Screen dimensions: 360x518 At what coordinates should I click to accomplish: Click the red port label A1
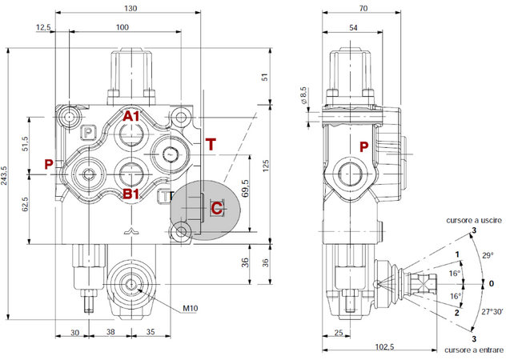click(131, 118)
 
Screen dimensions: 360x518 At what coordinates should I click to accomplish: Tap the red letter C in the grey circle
click(216, 208)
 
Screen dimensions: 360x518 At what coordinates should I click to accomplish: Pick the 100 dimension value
click(122, 27)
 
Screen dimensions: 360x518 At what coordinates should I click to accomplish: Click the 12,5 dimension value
click(43, 27)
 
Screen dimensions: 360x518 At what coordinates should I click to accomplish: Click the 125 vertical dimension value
click(267, 167)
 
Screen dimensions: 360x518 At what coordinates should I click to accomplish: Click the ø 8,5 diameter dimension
click(303, 96)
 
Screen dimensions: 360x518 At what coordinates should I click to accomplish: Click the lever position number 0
click(492, 283)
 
